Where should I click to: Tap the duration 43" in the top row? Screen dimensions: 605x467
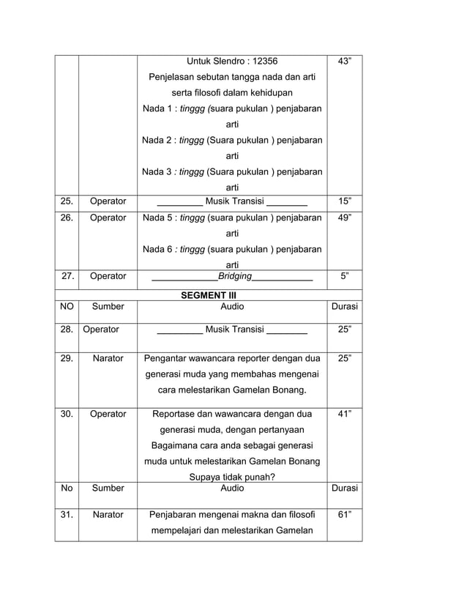[344, 61]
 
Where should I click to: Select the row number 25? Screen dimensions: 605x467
[67, 201]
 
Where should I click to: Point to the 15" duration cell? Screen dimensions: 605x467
[344, 201]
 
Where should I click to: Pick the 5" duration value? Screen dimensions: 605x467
[344, 276]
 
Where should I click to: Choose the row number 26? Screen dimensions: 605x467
[67, 218]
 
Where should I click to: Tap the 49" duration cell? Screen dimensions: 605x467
[344, 218]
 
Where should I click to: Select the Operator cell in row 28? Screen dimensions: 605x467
[101, 330]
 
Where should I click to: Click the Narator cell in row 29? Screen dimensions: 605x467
[108, 359]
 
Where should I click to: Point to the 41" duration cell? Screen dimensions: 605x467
[344, 414]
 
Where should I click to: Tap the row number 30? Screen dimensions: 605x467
[67, 414]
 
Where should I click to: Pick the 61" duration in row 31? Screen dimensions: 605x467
[344, 515]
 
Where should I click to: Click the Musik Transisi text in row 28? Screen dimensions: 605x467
[234, 330]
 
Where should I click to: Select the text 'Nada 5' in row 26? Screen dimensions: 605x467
[157, 218]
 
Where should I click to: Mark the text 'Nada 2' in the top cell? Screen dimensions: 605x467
[157, 140]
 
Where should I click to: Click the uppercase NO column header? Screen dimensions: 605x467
[67, 306]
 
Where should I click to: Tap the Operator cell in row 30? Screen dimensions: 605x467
[108, 414]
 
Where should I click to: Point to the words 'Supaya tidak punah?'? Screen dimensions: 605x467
[232, 477]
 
